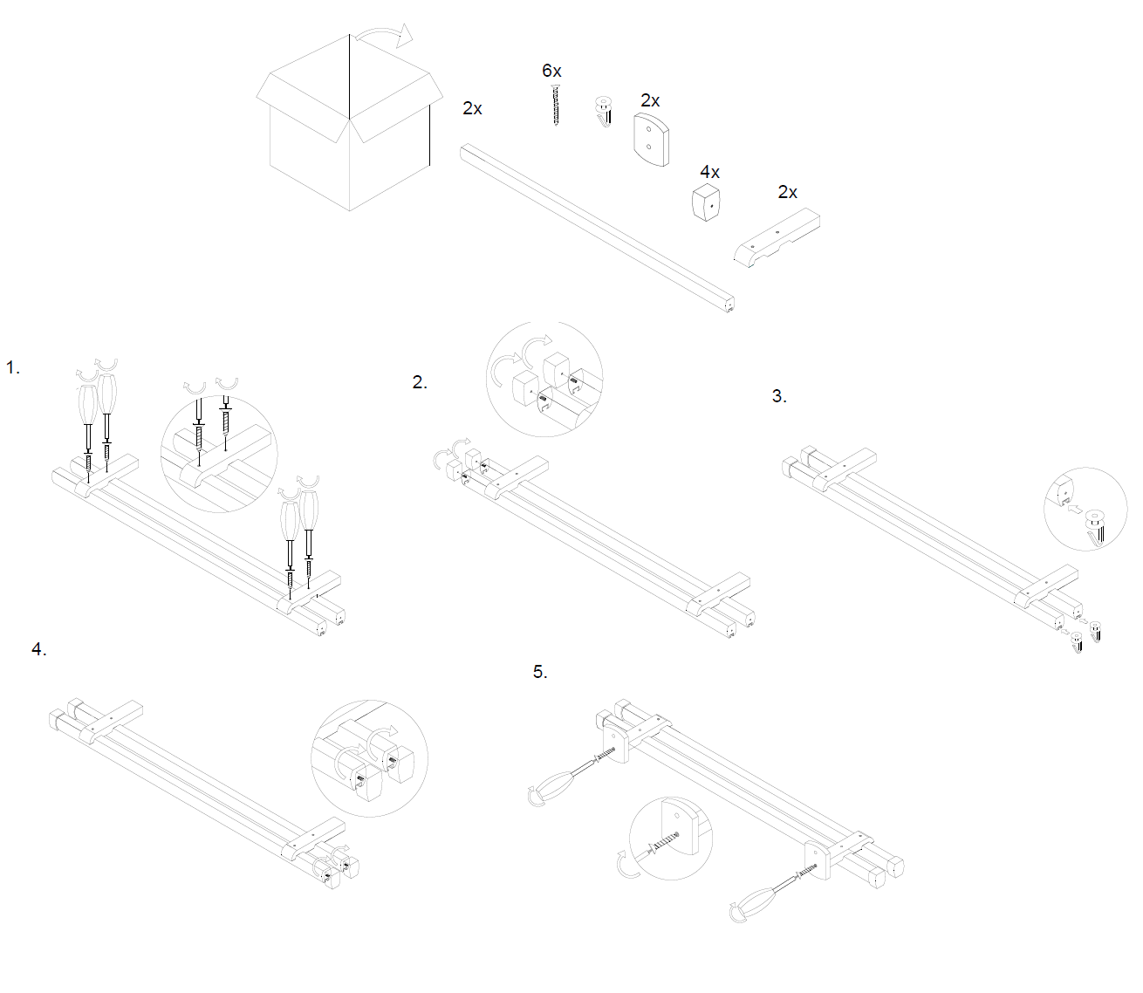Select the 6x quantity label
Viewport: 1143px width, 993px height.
pyautogui.click(x=551, y=71)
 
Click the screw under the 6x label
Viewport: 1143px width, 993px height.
pyautogui.click(x=555, y=106)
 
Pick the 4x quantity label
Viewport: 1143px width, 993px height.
pyautogui.click(x=709, y=172)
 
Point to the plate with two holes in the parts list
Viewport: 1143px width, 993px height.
pyautogui.click(x=652, y=139)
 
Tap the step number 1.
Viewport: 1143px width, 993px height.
pyautogui.click(x=12, y=367)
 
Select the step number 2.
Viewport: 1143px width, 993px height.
pyautogui.click(x=420, y=382)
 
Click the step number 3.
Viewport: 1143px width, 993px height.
pyautogui.click(x=779, y=396)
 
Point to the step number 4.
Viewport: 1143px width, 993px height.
pyautogui.click(x=38, y=649)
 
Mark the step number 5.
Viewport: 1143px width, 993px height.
pyautogui.click(x=540, y=672)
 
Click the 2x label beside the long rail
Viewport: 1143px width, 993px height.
pyautogui.click(x=472, y=108)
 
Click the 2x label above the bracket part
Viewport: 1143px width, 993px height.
pyautogui.click(x=787, y=192)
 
